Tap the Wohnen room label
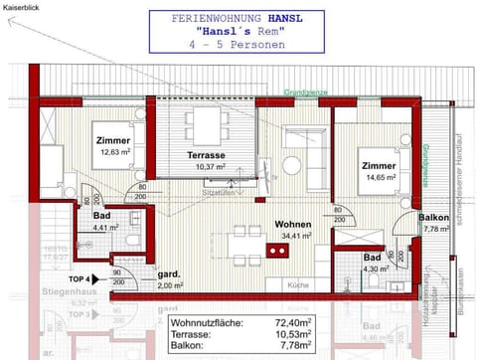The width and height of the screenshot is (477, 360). [294, 225]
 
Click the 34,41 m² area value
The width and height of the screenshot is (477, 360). [294, 237]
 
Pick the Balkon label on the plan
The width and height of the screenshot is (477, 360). [434, 218]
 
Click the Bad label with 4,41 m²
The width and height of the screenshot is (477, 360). [101, 215]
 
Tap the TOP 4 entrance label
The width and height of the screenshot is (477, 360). [81, 279]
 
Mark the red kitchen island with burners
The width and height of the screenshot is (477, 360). [277, 250]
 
